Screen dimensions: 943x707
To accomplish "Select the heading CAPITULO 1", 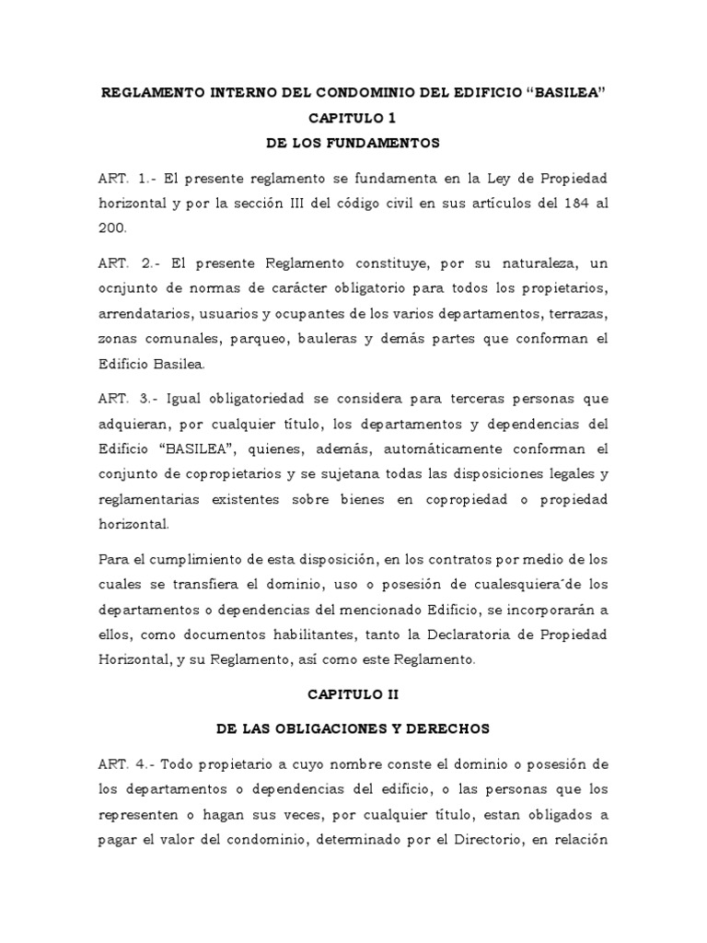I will click(353, 119).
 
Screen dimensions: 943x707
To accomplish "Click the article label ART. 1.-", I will click(122, 178).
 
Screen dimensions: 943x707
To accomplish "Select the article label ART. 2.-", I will click(123, 264).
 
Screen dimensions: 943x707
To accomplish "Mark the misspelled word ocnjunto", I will click(130, 289).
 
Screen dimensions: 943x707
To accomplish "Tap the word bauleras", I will click(330, 339).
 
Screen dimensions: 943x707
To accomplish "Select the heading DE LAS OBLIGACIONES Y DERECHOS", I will click(353, 728).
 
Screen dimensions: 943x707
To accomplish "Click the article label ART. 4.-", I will click(122, 765).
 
